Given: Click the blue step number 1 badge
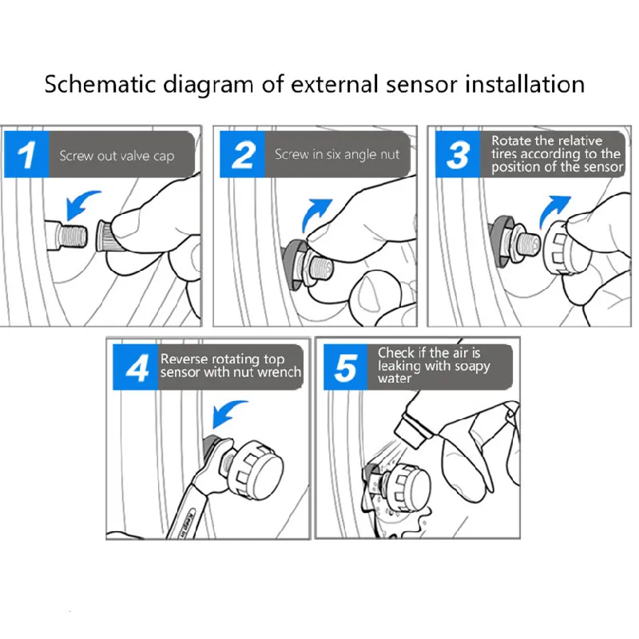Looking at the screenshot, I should tap(27, 154).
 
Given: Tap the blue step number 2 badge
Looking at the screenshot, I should tap(242, 155).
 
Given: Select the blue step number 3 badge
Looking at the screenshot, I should tap(458, 154).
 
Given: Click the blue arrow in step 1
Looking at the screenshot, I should tap(85, 204).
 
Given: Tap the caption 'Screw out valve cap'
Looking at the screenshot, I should tap(117, 156).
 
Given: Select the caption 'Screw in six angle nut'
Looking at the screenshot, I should tap(336, 155).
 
